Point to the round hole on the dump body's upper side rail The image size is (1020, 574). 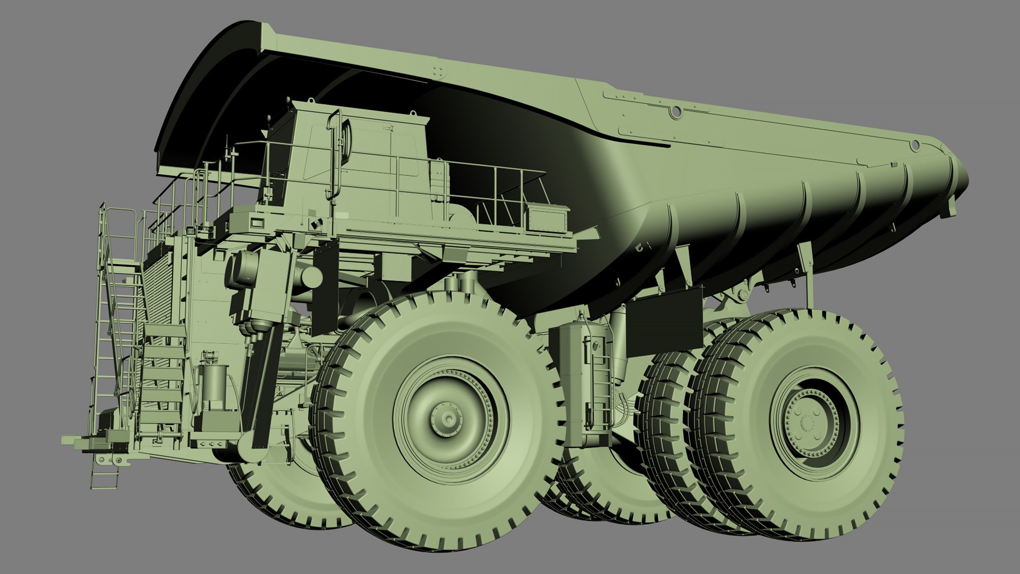point(676,112)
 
